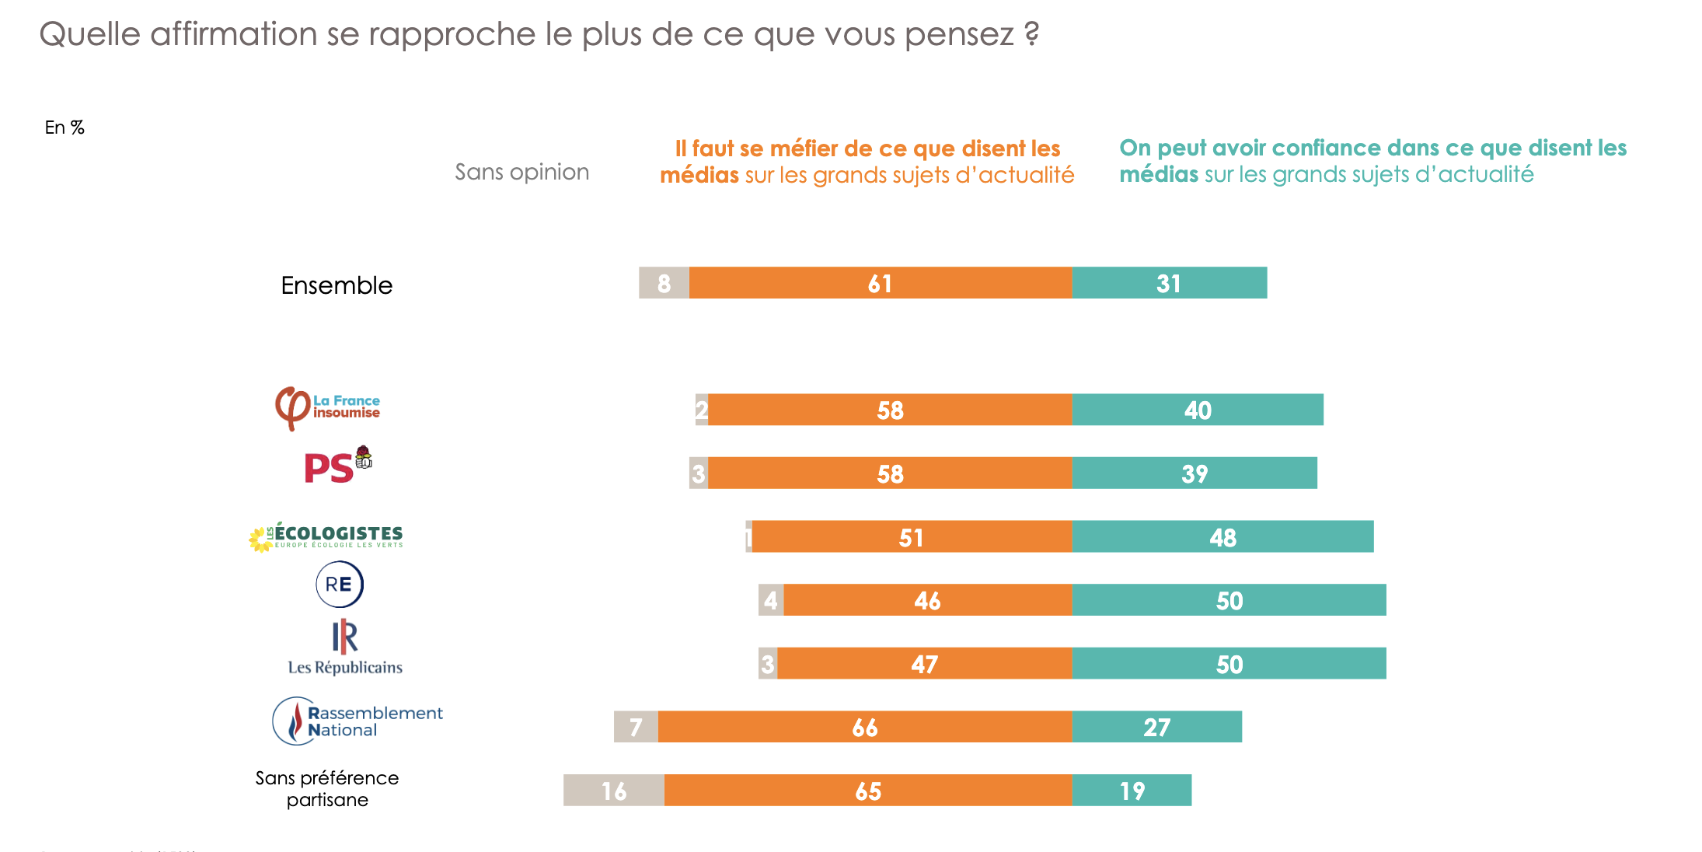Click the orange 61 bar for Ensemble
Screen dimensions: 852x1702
[x=880, y=283]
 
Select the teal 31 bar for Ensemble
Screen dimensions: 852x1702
[x=1169, y=283]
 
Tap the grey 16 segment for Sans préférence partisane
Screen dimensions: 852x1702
[x=613, y=790]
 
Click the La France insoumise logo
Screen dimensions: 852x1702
[x=327, y=407]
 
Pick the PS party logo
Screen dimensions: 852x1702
[x=337, y=465]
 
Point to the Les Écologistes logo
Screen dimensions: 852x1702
[x=326, y=536]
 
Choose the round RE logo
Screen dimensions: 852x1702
[x=340, y=584]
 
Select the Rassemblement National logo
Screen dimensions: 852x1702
[x=357, y=721]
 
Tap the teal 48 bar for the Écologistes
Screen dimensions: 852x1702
[x=1222, y=536]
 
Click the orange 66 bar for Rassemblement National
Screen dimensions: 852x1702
[x=864, y=727]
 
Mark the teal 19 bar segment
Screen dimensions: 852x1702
[x=1132, y=790]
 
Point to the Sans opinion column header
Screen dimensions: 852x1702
[x=521, y=172]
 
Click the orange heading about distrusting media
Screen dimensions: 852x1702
[x=867, y=162]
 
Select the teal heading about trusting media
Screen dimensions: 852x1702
[x=1372, y=161]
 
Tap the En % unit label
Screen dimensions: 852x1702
[x=65, y=127]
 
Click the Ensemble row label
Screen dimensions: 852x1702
[x=337, y=285]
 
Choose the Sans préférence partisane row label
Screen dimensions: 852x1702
[x=327, y=788]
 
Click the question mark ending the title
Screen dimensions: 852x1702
[x=1031, y=34]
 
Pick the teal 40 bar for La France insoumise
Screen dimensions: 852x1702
[x=1198, y=410]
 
